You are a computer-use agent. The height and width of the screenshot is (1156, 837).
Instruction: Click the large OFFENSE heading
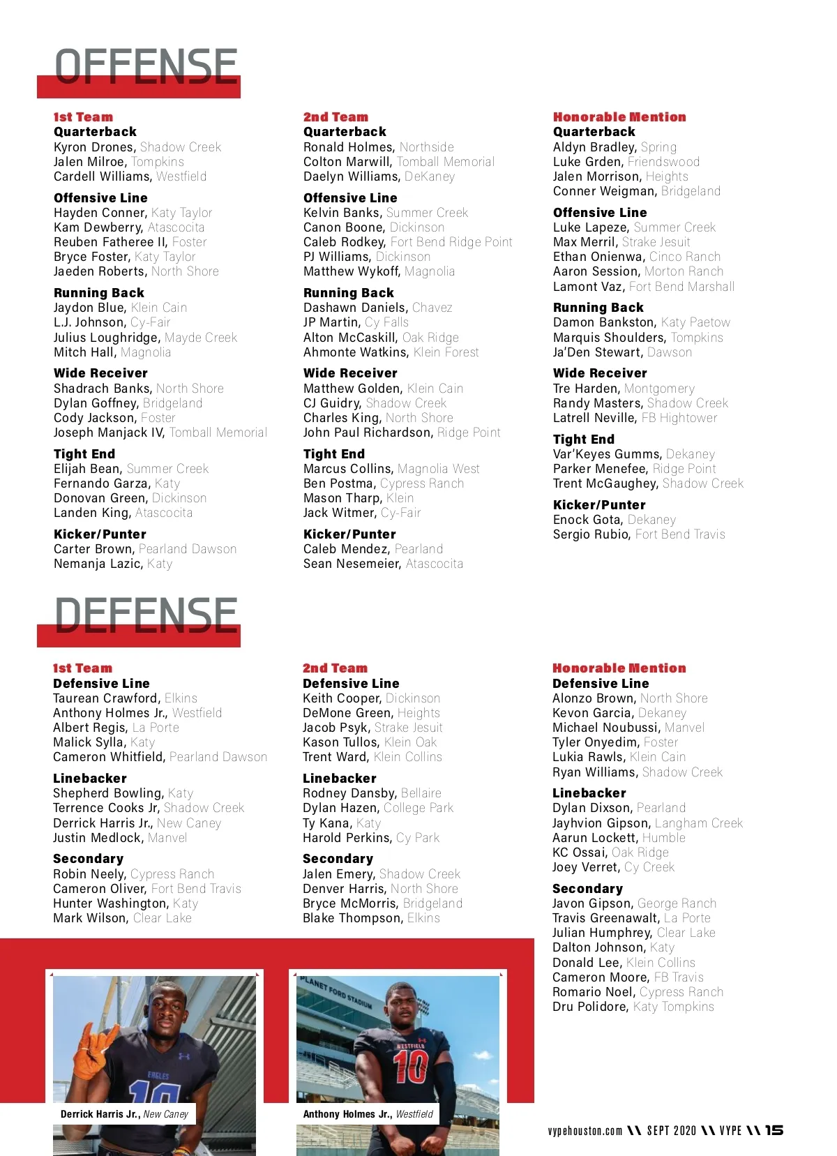(146, 67)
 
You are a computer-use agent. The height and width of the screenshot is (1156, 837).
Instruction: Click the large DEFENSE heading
(146, 616)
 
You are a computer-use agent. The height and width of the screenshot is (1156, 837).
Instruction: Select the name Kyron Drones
(93, 147)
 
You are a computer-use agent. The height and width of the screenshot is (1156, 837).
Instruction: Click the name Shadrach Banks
(102, 389)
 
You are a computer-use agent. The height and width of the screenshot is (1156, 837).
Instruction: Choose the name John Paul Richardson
(367, 433)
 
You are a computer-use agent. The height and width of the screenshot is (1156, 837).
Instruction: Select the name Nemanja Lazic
(97, 564)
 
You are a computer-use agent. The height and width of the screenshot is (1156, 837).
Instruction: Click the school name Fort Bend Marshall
(681, 287)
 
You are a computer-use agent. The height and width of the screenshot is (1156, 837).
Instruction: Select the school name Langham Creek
(698, 823)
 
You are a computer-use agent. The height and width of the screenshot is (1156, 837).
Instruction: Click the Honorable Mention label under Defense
(619, 668)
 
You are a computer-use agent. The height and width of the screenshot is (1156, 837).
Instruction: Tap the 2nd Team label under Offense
(335, 117)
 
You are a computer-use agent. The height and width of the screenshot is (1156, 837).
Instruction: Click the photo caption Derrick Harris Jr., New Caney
(124, 1114)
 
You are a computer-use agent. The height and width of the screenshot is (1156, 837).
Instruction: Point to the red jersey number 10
(411, 1067)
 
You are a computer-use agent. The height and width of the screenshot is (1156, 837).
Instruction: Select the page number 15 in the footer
(774, 1130)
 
